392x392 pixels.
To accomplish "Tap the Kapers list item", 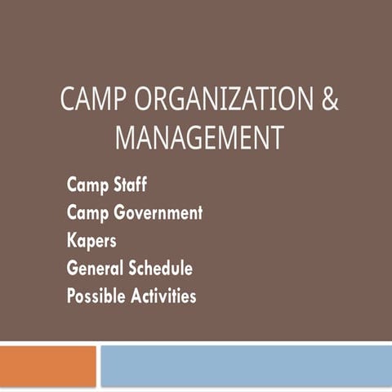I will [91, 242].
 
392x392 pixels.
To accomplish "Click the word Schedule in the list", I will [159, 268].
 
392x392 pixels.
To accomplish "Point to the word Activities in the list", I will [163, 296].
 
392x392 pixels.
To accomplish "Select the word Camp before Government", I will [85, 213].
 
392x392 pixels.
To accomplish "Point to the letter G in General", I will [73, 268].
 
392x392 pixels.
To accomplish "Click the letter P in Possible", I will [71, 296].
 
